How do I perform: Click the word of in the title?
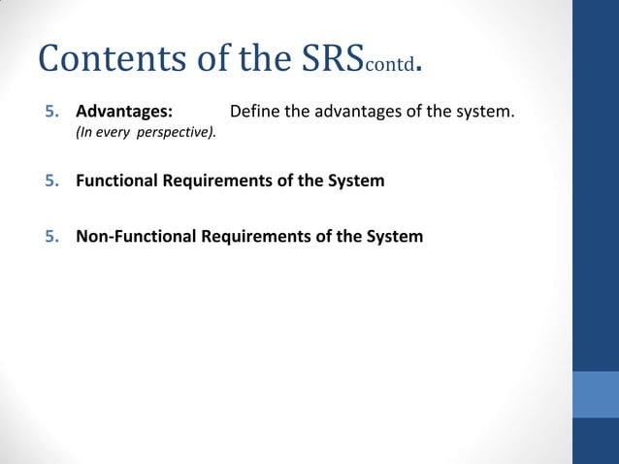tap(202, 59)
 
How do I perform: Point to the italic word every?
tap(114, 132)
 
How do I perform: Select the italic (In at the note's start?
tap(84, 132)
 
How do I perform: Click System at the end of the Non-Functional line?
tap(395, 236)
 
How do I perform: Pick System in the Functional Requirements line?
tap(356, 181)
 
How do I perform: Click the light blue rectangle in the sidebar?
tap(596, 393)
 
